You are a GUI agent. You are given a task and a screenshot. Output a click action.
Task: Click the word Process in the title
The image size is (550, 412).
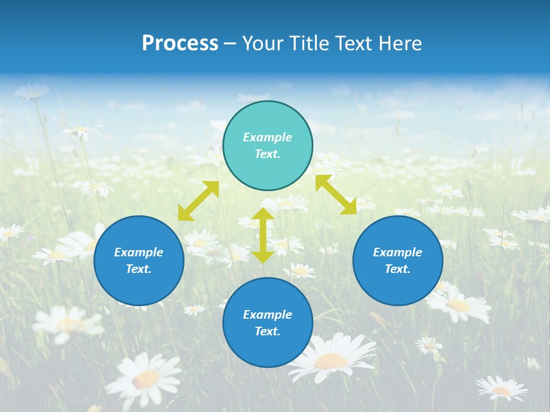pyautogui.click(x=180, y=43)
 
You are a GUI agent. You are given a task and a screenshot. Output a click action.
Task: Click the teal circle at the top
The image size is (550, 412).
pyautogui.click(x=268, y=146)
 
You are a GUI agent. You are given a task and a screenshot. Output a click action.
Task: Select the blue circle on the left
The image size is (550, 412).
pyautogui.click(x=139, y=260)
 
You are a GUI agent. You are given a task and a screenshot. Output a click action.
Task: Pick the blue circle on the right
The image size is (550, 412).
pyautogui.click(x=398, y=260)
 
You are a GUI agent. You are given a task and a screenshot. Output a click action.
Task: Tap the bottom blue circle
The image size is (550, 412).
pyautogui.click(x=268, y=323)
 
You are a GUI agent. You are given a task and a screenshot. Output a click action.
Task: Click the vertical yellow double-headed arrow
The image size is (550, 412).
pyautogui.click(x=263, y=235)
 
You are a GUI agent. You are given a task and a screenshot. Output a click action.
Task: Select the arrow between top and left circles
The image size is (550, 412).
pyautogui.click(x=198, y=201)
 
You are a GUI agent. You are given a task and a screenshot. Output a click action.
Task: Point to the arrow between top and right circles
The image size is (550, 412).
pyautogui.click(x=336, y=195)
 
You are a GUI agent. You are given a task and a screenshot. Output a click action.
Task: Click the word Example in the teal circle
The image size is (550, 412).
pyautogui.click(x=268, y=137)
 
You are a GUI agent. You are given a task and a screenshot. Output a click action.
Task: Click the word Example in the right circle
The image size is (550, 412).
pyautogui.click(x=398, y=252)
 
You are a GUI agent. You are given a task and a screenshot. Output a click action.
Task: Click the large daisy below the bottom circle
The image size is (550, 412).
pyautogui.click(x=330, y=359)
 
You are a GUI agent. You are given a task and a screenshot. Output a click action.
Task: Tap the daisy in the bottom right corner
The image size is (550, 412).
pyautogui.click(x=502, y=389)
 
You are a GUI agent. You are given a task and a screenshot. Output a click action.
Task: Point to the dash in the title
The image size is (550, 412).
pyautogui.click(x=230, y=43)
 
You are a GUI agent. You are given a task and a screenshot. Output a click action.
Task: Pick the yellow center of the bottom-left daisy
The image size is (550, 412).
pyautogui.click(x=146, y=378)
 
